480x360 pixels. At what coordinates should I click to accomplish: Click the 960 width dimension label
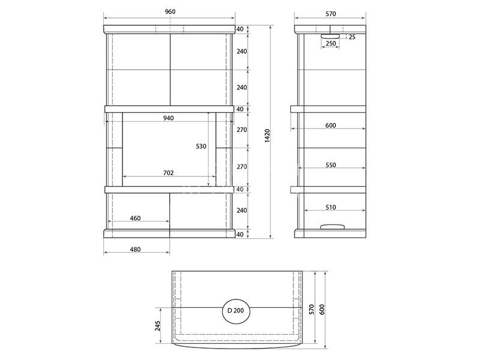(170, 11)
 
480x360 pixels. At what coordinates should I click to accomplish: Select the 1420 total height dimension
(267, 136)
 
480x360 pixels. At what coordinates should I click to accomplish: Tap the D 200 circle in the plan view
(236, 311)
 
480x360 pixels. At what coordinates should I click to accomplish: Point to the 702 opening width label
(169, 173)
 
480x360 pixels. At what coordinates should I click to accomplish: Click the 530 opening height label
(201, 146)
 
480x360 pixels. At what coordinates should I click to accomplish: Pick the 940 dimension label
(169, 118)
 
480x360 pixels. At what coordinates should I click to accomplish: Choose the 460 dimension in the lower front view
(135, 218)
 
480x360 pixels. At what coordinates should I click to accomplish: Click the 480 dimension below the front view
(135, 250)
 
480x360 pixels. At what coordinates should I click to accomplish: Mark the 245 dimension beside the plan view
(158, 326)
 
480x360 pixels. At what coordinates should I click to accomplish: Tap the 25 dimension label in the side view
(352, 37)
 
